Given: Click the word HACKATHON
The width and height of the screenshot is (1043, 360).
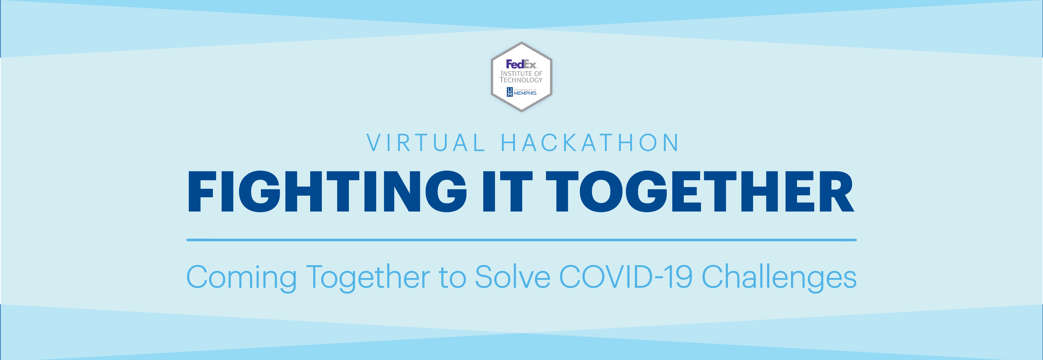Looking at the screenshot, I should tap(590, 143).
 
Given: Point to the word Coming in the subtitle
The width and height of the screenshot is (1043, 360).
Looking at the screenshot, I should tap(241, 277).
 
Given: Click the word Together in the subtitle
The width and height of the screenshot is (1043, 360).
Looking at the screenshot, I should tap(368, 277).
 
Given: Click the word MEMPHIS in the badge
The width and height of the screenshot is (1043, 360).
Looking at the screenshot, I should tap(525, 93).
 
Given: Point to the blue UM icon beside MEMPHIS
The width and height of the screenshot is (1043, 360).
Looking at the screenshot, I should tap(509, 92).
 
